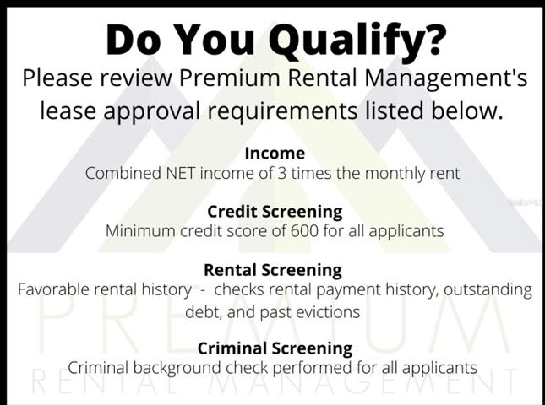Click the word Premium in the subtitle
pos(229,78)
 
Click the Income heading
pos(275,154)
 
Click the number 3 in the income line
pos(282,173)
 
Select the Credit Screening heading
pos(275,212)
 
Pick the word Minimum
pos(140,231)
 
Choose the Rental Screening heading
pos(273,270)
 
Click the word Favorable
pos(53,289)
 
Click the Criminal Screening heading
pos(275,348)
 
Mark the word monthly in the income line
pos(396,174)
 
